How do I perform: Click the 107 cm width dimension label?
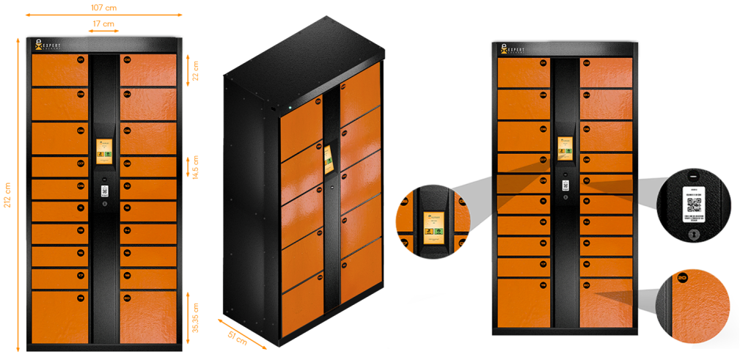pyautogui.click(x=103, y=7)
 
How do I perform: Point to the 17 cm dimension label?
pyautogui.click(x=103, y=24)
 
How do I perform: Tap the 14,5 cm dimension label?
pyautogui.click(x=195, y=170)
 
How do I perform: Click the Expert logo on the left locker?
pyautogui.click(x=51, y=45)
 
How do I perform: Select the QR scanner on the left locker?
pyautogui.click(x=104, y=191)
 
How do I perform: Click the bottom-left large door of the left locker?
pyautogui.click(x=59, y=316)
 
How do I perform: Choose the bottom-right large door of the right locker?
pyautogui.click(x=607, y=302)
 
